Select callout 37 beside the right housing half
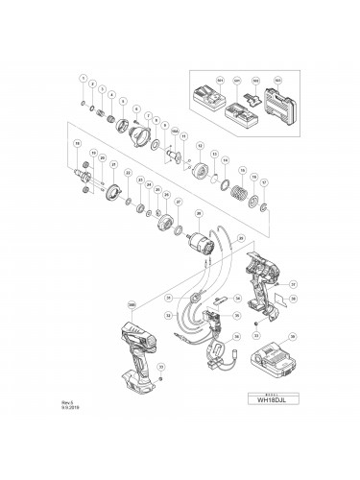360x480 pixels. pos(293,284)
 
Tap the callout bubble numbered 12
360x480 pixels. pos(199,146)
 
